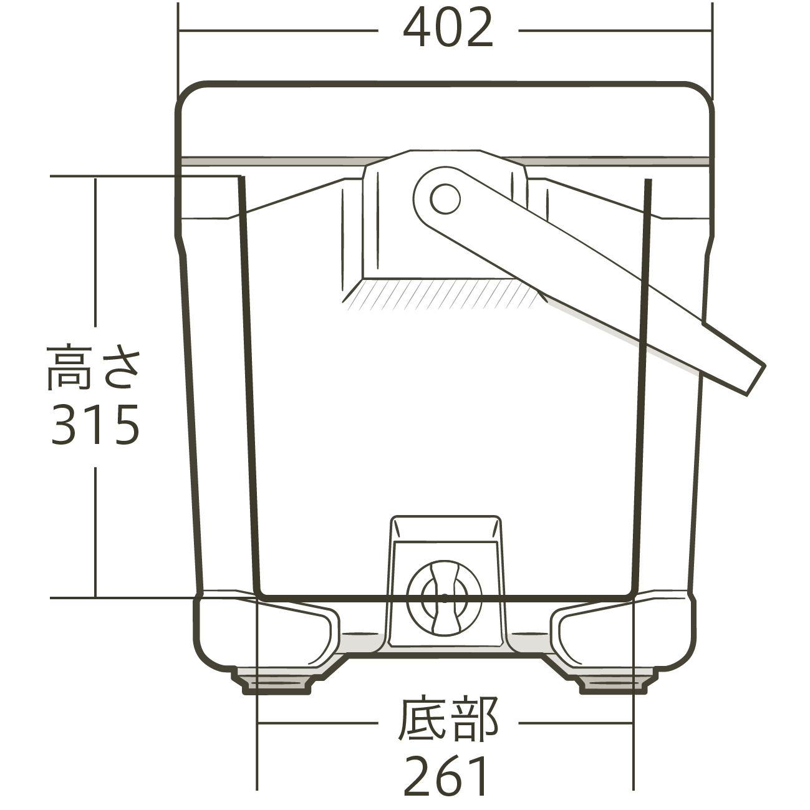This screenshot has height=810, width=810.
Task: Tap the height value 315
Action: [x=95, y=425]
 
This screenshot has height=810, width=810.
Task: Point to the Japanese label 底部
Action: [x=448, y=720]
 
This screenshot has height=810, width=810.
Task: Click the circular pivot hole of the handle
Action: [x=445, y=198]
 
